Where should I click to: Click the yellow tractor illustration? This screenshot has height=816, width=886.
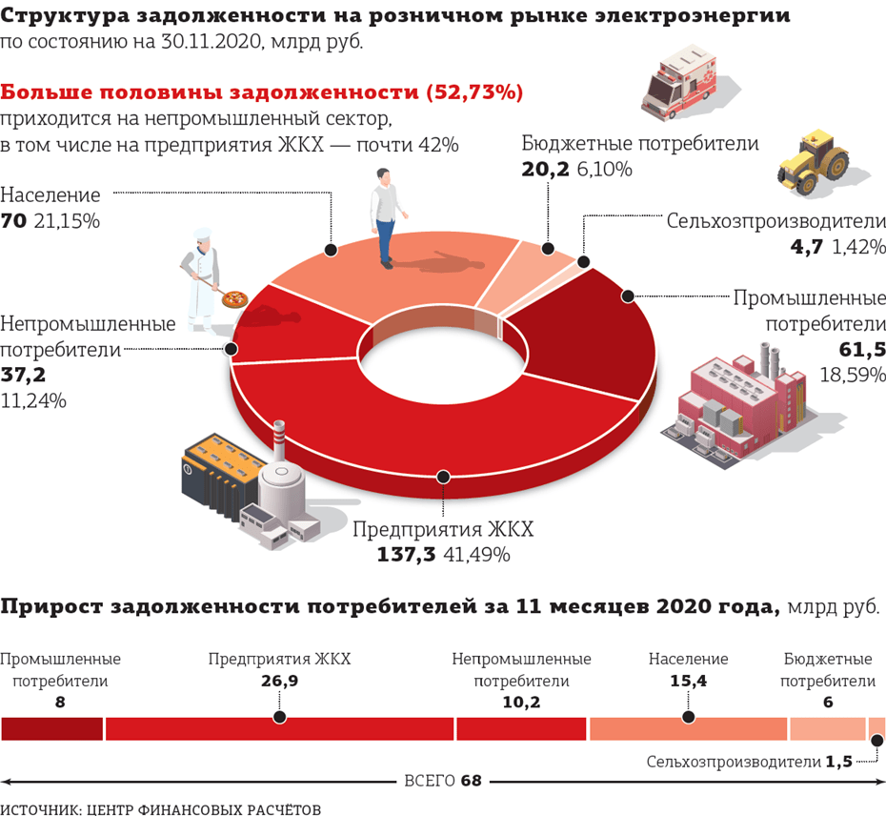813,159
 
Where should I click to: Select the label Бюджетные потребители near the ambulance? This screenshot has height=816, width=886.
640,144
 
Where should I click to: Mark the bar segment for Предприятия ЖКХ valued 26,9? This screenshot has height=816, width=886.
279,728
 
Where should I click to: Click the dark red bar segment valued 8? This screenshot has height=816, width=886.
51,728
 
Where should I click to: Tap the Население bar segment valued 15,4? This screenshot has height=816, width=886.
688,728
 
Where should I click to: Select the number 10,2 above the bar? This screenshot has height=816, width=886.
521,704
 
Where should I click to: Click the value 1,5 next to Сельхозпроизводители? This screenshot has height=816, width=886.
839,762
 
